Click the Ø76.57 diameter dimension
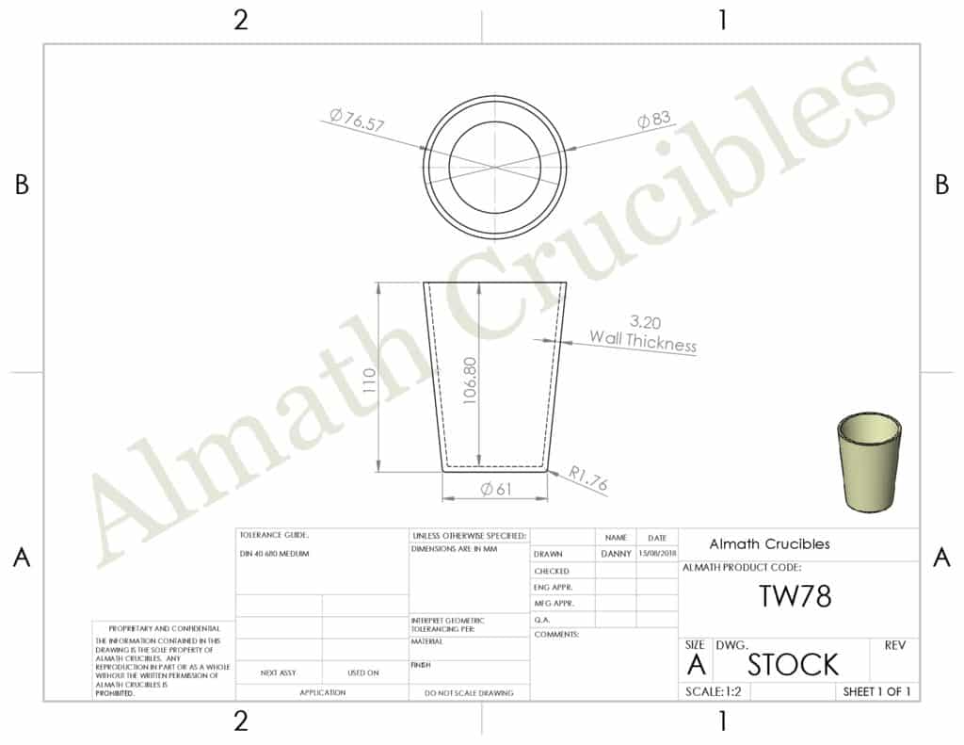(358, 121)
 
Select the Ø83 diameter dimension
(653, 120)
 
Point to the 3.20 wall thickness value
(644, 322)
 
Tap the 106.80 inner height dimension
(472, 380)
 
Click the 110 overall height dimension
(369, 380)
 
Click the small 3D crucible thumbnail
(868, 462)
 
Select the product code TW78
(795, 596)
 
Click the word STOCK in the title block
(792, 665)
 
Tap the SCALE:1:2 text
(712, 691)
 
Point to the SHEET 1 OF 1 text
(876, 691)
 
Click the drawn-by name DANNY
(616, 554)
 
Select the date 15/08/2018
(656, 554)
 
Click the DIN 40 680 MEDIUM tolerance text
(275, 554)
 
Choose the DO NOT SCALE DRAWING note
(469, 693)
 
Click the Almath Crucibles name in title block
(769, 544)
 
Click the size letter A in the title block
(696, 665)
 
